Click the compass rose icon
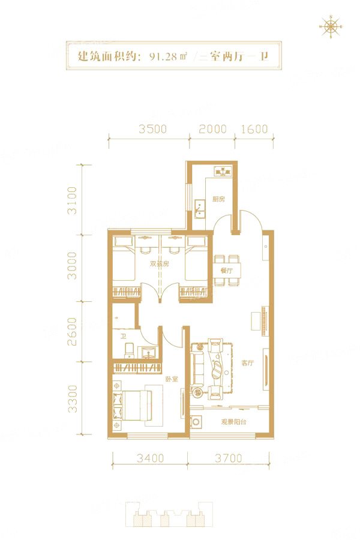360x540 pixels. (x=331, y=26)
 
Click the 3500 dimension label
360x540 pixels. (x=152, y=129)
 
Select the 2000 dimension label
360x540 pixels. (x=212, y=129)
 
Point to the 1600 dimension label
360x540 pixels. (x=254, y=129)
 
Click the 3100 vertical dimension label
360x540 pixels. (x=72, y=200)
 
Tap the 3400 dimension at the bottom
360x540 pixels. (x=150, y=458)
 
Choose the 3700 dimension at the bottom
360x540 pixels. (x=229, y=458)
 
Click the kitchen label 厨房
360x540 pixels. (x=218, y=199)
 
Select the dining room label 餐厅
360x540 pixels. (x=227, y=271)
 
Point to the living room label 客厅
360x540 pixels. (x=247, y=362)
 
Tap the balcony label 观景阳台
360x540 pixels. (x=233, y=422)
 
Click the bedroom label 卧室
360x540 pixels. (x=171, y=379)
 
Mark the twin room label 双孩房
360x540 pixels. (x=160, y=264)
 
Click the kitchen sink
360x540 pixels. (x=199, y=209)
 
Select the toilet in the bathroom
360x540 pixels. (x=129, y=350)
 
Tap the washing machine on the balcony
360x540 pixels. (x=196, y=422)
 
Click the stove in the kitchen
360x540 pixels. (x=223, y=171)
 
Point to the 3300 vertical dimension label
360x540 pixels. (x=72, y=398)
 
